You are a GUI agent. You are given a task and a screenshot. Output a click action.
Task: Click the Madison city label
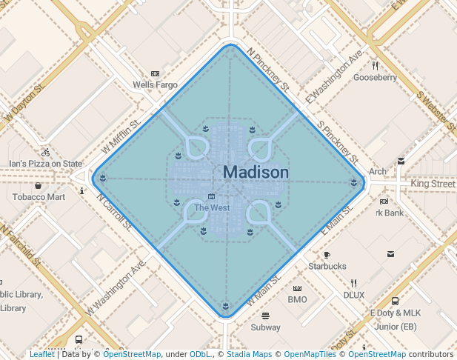[x=256, y=173]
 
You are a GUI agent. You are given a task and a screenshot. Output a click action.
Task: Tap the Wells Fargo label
[x=155, y=85]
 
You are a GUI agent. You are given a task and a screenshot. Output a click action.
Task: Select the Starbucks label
[x=327, y=266]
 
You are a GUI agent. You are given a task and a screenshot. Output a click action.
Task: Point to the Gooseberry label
[x=375, y=77]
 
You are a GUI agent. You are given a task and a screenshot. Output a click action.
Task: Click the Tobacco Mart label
[x=39, y=197]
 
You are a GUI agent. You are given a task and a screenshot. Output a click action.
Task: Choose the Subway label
[x=265, y=327]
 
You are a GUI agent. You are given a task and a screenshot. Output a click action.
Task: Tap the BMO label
[x=297, y=299]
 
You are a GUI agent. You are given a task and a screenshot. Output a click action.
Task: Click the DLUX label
[x=353, y=294]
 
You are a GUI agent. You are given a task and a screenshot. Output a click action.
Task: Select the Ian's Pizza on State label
[x=45, y=164]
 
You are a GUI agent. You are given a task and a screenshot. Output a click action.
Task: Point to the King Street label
[x=433, y=183]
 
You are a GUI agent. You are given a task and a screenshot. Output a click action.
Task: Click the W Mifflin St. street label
[x=121, y=137]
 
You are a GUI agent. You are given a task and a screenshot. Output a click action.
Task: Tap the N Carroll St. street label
[x=114, y=210]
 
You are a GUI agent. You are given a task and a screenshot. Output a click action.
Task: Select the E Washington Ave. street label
[x=334, y=76]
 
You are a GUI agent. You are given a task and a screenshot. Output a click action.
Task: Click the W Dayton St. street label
[x=24, y=101]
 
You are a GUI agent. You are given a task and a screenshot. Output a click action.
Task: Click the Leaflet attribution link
[x=41, y=355]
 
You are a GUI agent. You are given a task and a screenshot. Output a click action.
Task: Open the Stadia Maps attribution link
[x=247, y=355]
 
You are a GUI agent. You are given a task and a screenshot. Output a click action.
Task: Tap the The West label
[x=212, y=208]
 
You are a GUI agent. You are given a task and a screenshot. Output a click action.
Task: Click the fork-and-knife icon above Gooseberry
[x=375, y=65]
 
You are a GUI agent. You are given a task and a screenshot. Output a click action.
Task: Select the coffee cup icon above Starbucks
[x=327, y=255]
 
